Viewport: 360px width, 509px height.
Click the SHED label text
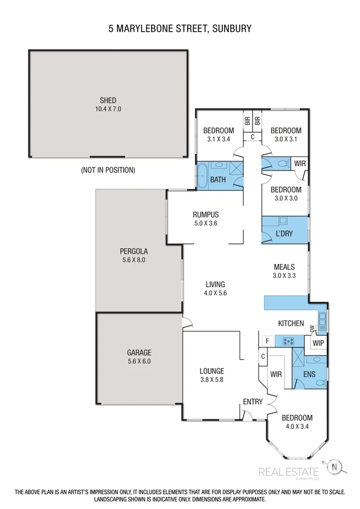click(107, 100)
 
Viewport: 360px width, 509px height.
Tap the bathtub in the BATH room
click(202, 175)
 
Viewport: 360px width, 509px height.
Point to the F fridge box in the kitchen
click(266, 341)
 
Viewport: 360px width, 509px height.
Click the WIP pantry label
click(317, 342)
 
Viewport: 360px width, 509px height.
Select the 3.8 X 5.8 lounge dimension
click(211, 379)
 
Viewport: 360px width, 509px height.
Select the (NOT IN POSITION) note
click(108, 170)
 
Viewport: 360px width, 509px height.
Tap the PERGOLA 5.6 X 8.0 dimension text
click(134, 260)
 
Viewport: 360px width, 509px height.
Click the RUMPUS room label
click(206, 214)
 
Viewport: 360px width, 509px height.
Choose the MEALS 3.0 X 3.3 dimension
click(284, 275)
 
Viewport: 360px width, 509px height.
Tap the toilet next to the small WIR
click(281, 163)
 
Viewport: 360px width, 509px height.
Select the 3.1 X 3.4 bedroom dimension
click(218, 139)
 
